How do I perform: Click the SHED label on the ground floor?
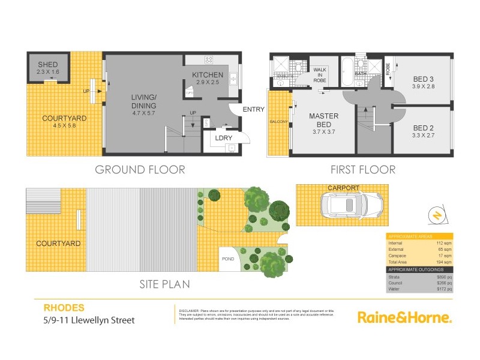[47, 65]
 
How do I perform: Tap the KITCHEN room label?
[208, 75]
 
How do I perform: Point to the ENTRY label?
[254, 109]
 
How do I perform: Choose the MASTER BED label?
[324, 120]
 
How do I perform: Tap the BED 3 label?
[424, 79]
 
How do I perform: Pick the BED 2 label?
[424, 128]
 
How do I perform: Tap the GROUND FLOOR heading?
[140, 170]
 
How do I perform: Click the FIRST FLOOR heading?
[363, 170]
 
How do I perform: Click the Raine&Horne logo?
[404, 317]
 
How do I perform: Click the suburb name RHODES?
[61, 307]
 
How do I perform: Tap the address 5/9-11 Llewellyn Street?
[89, 320]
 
